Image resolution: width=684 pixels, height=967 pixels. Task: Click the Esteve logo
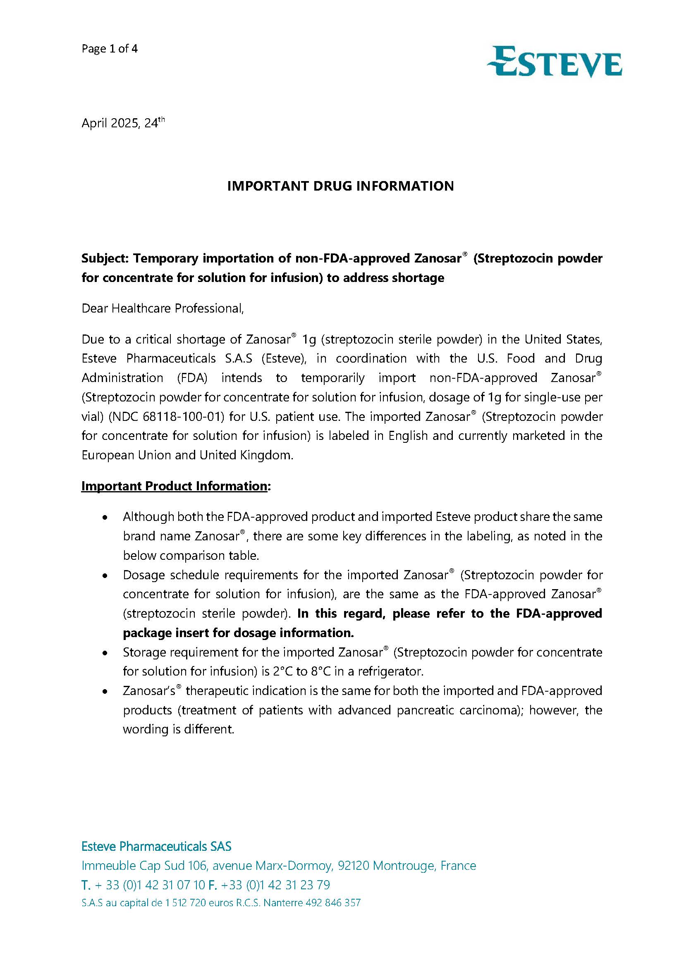pyautogui.click(x=554, y=63)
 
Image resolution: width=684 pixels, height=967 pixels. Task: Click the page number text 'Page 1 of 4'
pyautogui.click(x=110, y=49)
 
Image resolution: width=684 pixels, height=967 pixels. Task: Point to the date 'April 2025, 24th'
pyautogui.click(x=123, y=123)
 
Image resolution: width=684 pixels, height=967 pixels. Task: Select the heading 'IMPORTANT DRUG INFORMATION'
pyautogui.click(x=340, y=186)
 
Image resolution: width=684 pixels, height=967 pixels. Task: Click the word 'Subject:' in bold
pyautogui.click(x=105, y=258)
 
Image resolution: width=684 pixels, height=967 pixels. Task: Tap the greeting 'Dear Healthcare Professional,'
pyautogui.click(x=163, y=309)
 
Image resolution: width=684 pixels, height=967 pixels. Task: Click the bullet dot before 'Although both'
pyautogui.click(x=105, y=518)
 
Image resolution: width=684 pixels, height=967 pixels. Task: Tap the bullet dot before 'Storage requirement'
pyautogui.click(x=105, y=653)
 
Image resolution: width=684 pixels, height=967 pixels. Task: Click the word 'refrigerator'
pyautogui.click(x=390, y=671)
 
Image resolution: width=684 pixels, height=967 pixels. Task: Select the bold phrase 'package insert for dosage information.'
pyautogui.click(x=238, y=633)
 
